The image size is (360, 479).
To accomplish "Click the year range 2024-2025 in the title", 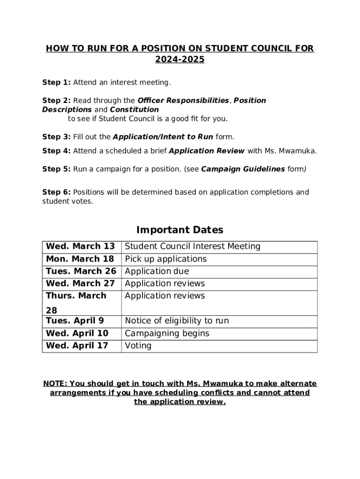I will pyautogui.click(x=180, y=60).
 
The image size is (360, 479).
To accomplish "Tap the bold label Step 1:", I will pyautogui.click(x=56, y=83).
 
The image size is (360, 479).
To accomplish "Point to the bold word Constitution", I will pyautogui.click(x=134, y=109).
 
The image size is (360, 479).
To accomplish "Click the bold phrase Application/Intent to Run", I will pyautogui.click(x=163, y=137).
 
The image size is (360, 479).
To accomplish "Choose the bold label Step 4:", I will pyautogui.click(x=56, y=151).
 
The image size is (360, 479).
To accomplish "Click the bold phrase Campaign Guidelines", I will pyautogui.click(x=243, y=169).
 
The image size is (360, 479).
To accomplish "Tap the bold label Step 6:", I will pyautogui.click(x=56, y=192).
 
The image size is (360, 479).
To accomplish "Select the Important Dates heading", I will pyautogui.click(x=180, y=230).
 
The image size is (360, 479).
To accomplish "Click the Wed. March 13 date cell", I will pyautogui.click(x=80, y=247).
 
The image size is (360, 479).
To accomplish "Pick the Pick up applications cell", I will pyautogui.click(x=166, y=259).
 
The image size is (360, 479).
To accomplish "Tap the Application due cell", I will pyautogui.click(x=157, y=271).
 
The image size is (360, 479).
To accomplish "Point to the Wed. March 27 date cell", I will pyautogui.click(x=80, y=283).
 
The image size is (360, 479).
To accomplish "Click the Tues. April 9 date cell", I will pyautogui.click(x=75, y=321).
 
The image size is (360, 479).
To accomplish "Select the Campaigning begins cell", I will pyautogui.click(x=167, y=334).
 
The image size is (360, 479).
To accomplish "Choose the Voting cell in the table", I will pyautogui.click(x=138, y=346).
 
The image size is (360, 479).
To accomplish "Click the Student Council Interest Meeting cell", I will pyautogui.click(x=193, y=247).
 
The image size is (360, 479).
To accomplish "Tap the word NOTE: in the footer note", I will pyautogui.click(x=55, y=384).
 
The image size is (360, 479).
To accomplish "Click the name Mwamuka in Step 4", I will pyautogui.click(x=299, y=151).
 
